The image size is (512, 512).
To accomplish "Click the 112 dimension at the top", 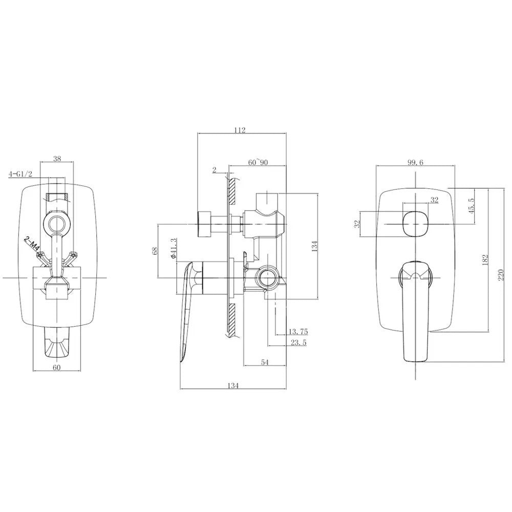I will click(x=239, y=130).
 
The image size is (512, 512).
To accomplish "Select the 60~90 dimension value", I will click(x=259, y=162).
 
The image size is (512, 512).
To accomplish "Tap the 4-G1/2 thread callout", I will click(x=21, y=174).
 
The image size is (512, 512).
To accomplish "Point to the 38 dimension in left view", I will click(x=57, y=159).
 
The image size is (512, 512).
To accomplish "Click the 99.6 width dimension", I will click(x=416, y=162).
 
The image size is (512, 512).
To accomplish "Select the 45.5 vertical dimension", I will click(x=471, y=206).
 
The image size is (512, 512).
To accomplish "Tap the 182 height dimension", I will click(x=485, y=260).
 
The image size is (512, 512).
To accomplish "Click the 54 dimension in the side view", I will click(x=265, y=362).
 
